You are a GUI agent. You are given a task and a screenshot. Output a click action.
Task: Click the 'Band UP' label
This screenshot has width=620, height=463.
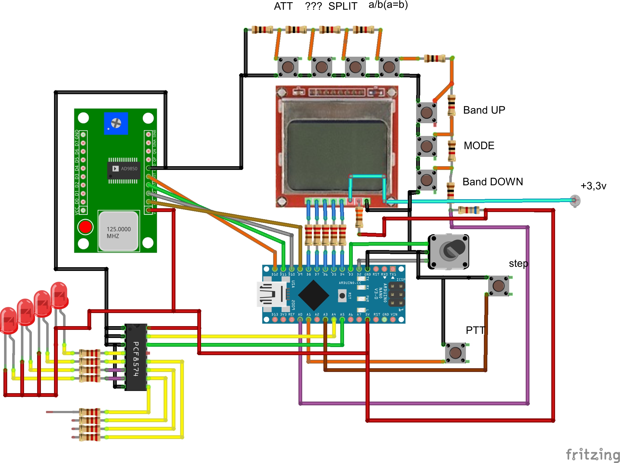[x=484, y=110]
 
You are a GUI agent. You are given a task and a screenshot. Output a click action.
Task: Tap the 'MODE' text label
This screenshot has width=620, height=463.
[x=479, y=146]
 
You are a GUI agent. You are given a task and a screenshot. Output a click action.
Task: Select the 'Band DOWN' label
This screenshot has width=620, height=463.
[x=492, y=182]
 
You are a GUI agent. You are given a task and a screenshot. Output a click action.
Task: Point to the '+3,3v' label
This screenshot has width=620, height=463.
[x=593, y=186]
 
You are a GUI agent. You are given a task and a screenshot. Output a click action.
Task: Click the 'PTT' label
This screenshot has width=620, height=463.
[x=475, y=330]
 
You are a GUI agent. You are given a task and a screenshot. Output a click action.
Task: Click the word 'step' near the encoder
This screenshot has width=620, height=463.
[x=518, y=263]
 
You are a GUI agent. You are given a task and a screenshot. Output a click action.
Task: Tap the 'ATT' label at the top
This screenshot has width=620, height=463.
[x=283, y=6]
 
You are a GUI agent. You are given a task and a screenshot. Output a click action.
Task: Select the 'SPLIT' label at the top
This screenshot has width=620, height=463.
[x=342, y=6]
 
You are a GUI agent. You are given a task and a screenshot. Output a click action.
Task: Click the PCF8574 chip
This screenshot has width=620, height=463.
[x=136, y=357]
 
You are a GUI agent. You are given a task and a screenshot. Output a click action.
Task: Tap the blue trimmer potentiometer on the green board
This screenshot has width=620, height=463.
[x=116, y=123]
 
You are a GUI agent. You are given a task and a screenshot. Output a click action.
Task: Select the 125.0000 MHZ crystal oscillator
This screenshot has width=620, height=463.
[x=119, y=231]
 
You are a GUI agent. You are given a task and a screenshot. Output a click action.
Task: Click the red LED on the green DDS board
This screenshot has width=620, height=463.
[x=85, y=227]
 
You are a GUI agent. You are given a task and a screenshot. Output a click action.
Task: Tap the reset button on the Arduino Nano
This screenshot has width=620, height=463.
[x=342, y=296]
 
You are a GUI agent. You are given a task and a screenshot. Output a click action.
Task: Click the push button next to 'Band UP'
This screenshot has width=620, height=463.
[x=426, y=112]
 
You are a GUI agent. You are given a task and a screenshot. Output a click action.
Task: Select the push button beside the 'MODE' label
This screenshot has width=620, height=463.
[x=426, y=146]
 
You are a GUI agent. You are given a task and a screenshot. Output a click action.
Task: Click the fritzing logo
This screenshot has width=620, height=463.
[x=592, y=454]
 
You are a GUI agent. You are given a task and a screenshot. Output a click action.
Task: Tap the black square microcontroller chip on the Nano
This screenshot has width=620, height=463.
[x=313, y=295]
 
